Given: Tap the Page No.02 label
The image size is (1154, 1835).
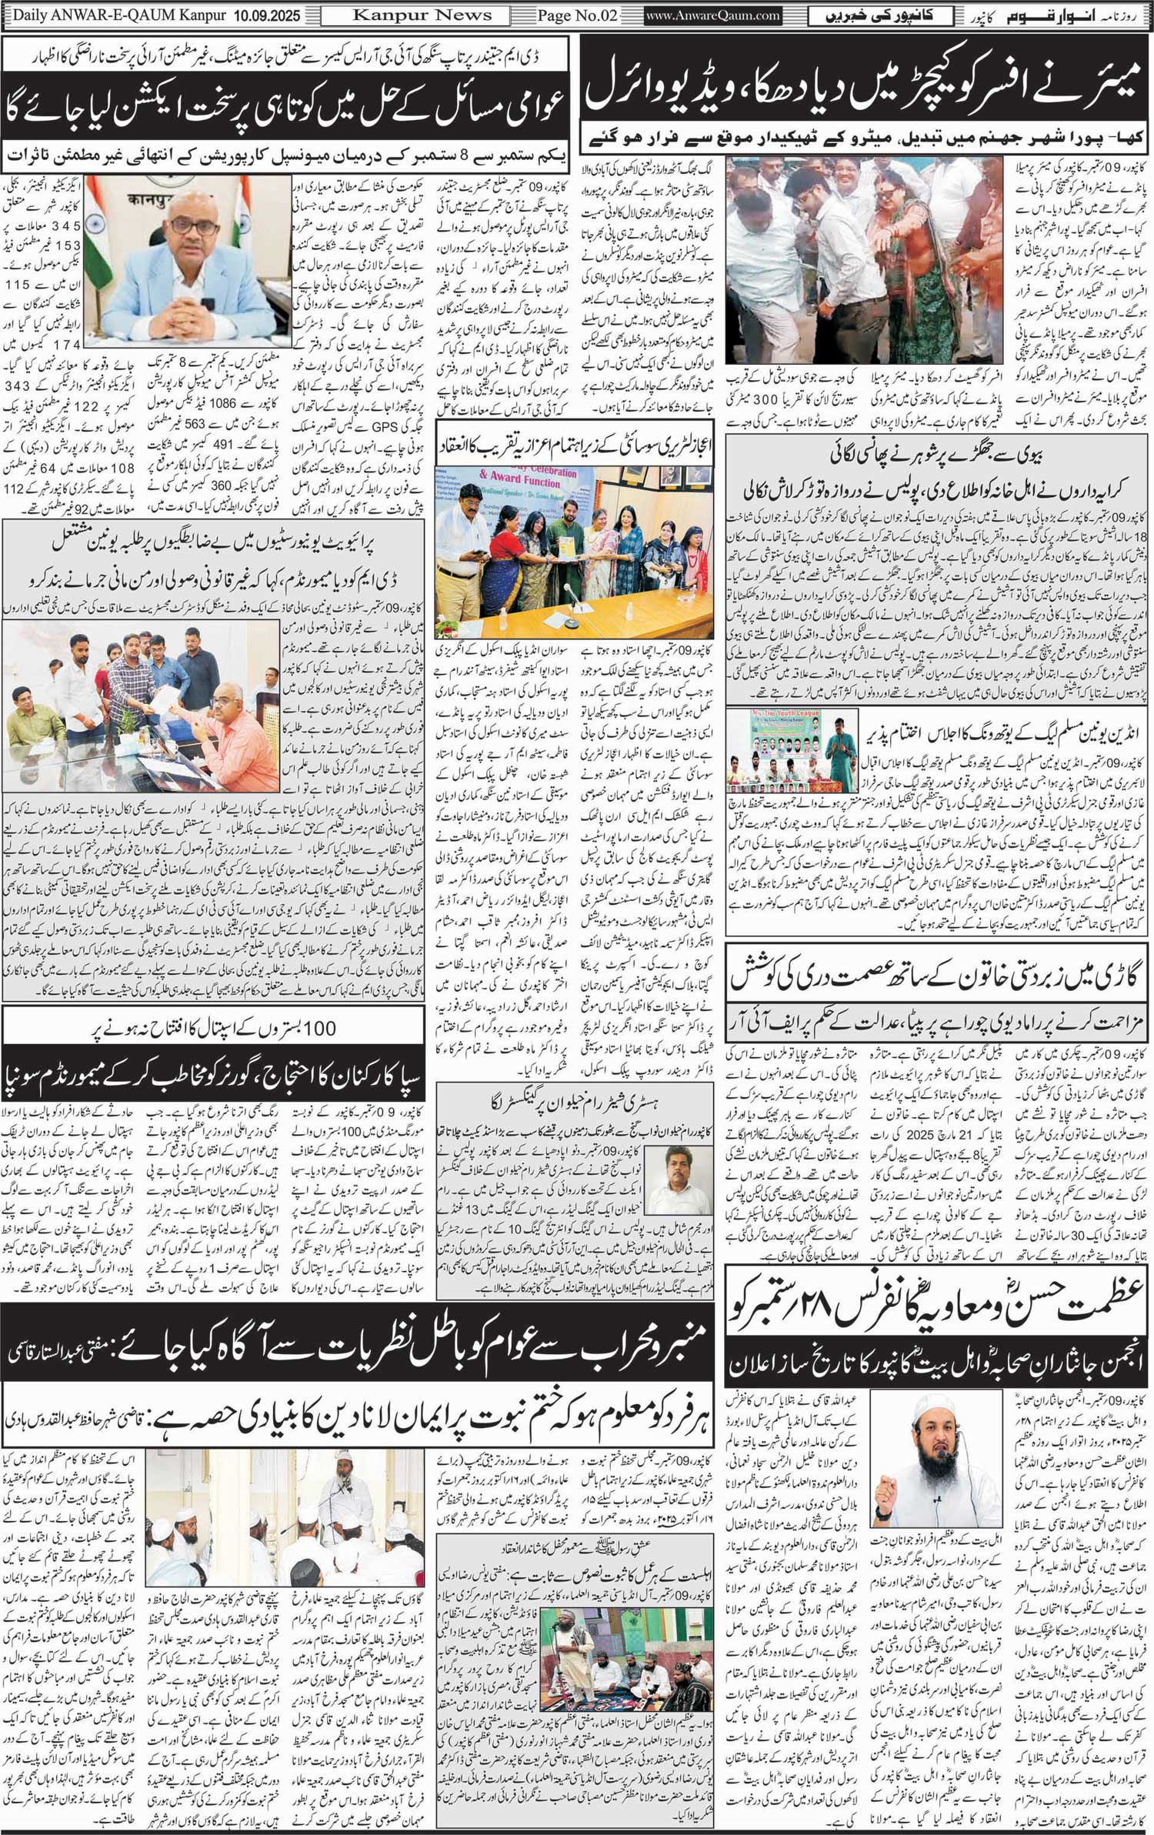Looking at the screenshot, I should click(578, 15).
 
